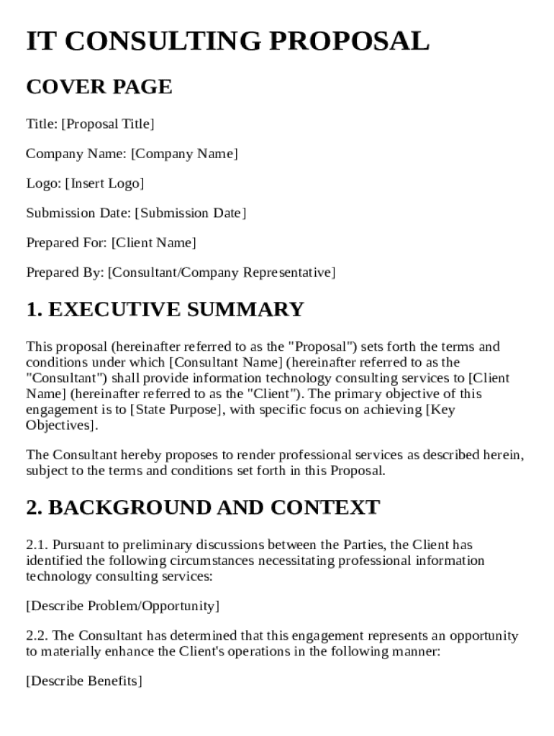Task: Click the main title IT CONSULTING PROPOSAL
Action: (x=227, y=41)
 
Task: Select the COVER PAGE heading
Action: (x=99, y=87)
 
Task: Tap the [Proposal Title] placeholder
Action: (x=108, y=124)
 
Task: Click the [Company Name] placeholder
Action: (x=184, y=154)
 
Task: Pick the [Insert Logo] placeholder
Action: (x=104, y=183)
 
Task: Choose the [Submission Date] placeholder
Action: (x=191, y=213)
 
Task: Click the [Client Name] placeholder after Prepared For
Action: (x=153, y=243)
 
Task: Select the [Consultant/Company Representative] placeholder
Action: (x=222, y=272)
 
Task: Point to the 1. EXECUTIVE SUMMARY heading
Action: (x=165, y=310)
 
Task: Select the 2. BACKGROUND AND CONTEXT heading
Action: (x=202, y=507)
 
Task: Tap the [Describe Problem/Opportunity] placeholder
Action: (x=122, y=606)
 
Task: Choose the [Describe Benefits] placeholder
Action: (x=83, y=681)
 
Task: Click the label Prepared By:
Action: (x=65, y=272)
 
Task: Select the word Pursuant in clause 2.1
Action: (x=78, y=545)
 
